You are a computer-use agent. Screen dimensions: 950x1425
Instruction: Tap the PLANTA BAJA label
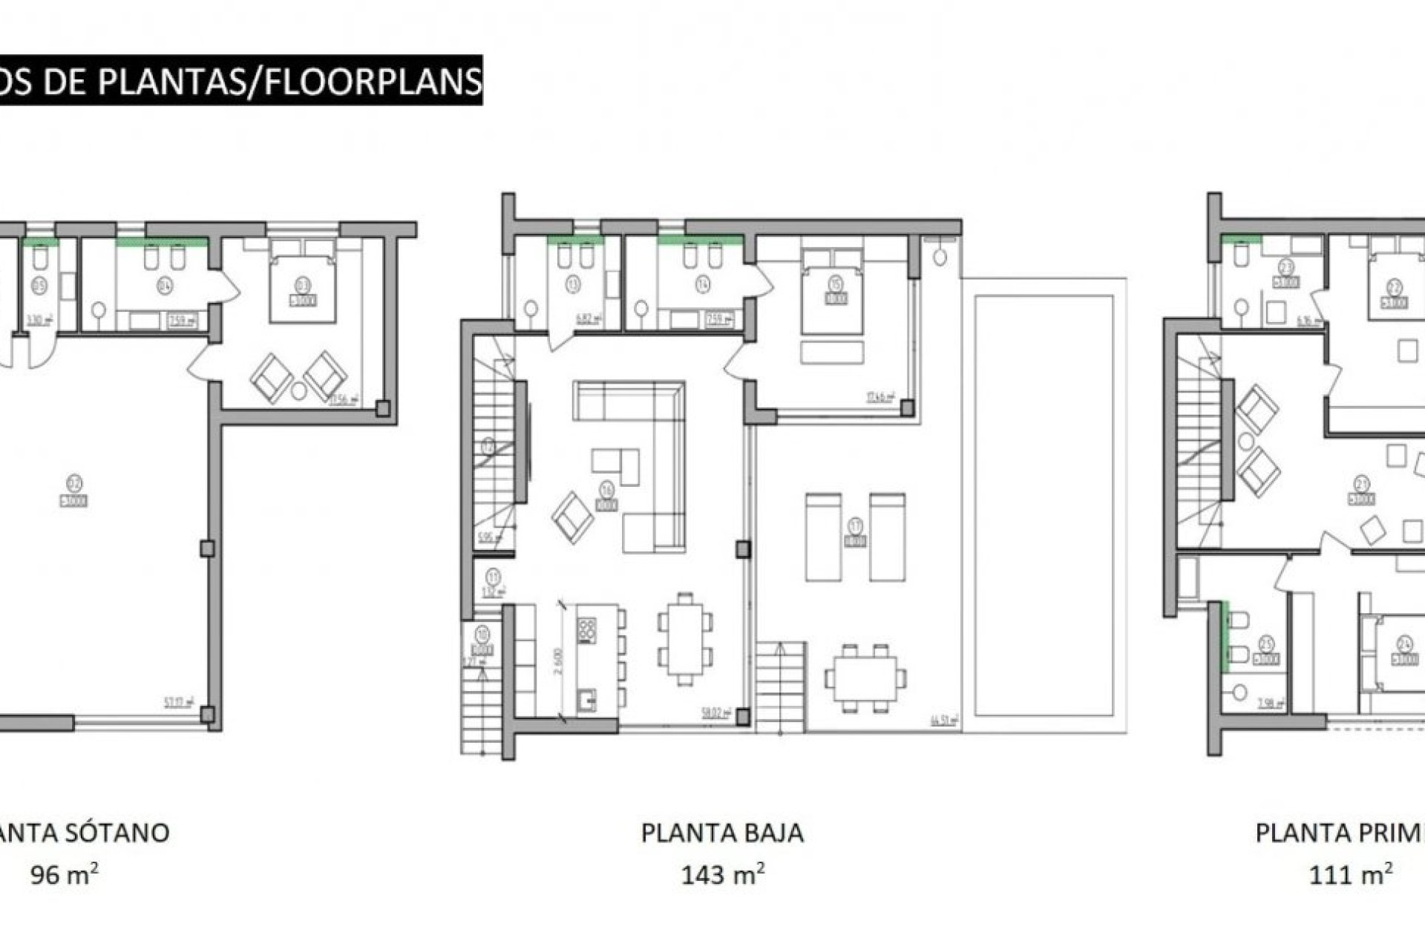722,833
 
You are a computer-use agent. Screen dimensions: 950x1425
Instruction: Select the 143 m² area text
722,875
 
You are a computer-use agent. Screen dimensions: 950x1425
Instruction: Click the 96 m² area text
64,875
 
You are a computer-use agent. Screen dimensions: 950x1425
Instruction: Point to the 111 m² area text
1349,875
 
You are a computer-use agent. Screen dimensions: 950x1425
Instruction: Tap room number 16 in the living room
606,490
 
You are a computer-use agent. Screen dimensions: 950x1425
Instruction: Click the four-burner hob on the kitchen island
586,631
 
